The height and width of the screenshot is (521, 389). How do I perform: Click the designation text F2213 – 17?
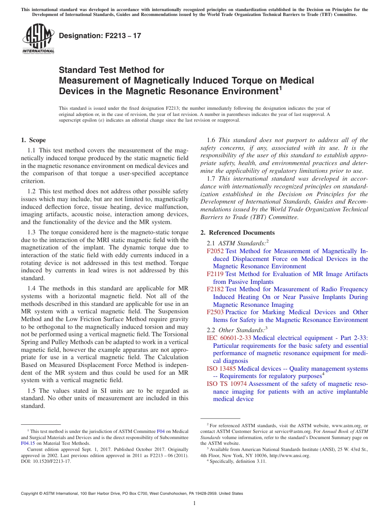click(100, 36)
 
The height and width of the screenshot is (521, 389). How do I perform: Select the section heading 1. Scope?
click(33, 140)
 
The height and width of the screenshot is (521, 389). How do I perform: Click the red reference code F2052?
click(215, 251)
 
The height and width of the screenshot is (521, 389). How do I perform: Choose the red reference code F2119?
click(215, 274)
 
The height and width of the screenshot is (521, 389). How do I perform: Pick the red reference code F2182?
click(215, 289)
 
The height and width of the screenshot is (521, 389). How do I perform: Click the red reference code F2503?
click(215, 312)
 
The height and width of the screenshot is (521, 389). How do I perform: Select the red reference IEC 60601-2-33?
click(229, 338)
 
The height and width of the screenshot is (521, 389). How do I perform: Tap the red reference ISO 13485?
click(221, 369)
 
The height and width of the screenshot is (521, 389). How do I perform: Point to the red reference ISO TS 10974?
click(226, 384)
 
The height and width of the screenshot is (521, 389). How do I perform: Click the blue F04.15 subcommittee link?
click(28, 443)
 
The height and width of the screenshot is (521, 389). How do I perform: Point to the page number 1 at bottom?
click(194, 504)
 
